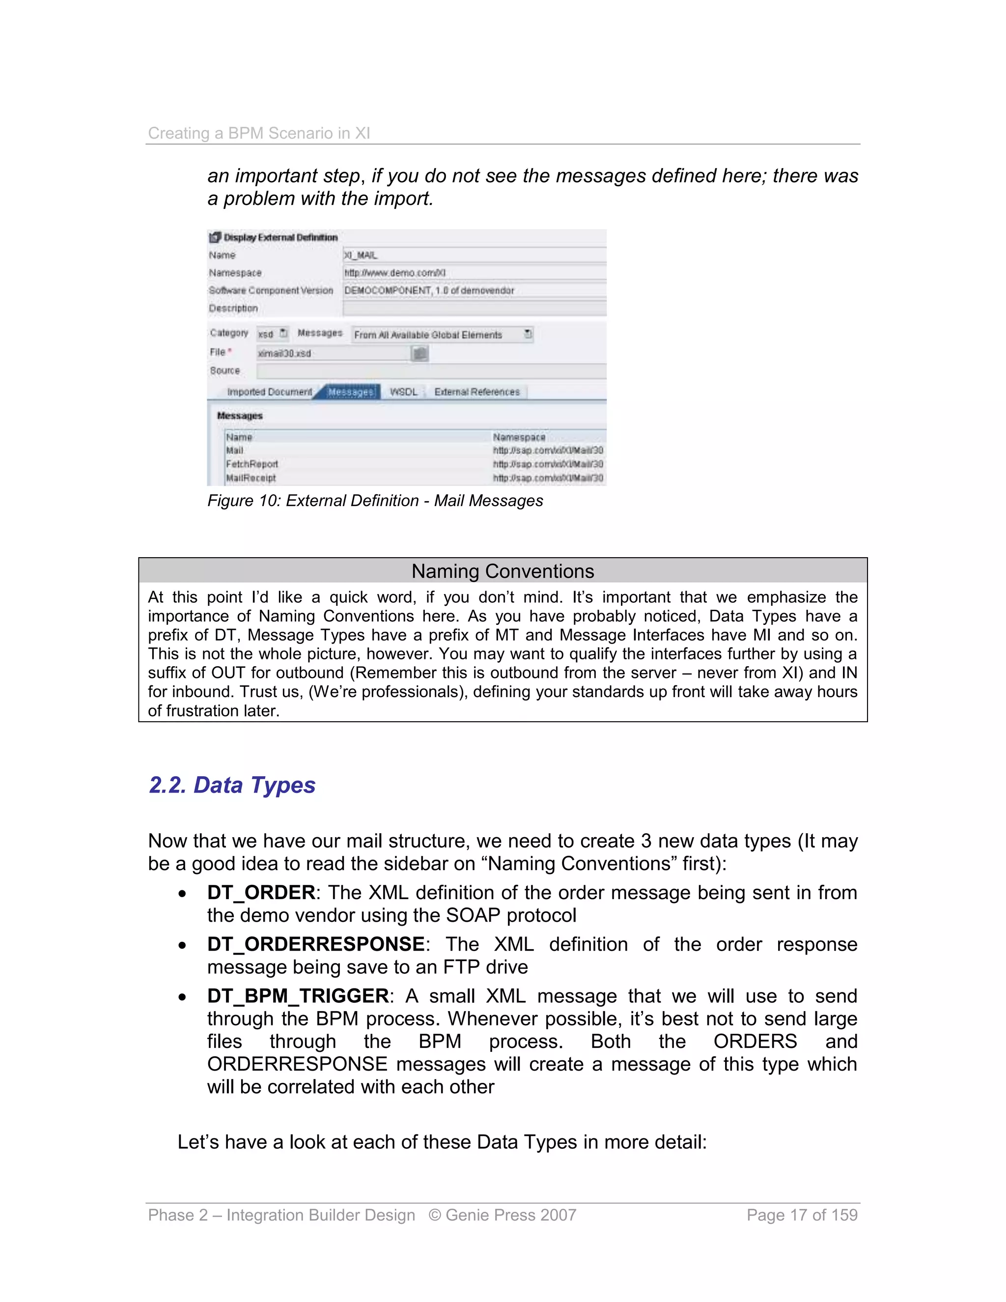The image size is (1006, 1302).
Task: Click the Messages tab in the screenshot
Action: [350, 392]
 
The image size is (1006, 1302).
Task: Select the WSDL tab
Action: [403, 392]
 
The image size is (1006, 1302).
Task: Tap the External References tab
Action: [477, 392]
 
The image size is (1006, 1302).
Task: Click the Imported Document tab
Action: [269, 392]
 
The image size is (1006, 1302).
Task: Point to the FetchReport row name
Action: [251, 464]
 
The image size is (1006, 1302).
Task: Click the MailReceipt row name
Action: [251, 478]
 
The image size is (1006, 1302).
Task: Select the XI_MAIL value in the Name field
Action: [361, 255]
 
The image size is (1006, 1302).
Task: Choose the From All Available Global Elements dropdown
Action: [441, 335]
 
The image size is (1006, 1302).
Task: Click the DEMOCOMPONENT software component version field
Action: [429, 290]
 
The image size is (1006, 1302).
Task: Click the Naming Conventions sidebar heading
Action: [503, 571]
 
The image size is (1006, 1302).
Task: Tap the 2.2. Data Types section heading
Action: [232, 785]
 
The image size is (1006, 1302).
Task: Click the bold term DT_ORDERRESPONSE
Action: [316, 944]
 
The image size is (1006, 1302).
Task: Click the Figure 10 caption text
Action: [375, 500]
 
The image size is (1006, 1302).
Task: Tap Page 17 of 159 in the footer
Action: [802, 1215]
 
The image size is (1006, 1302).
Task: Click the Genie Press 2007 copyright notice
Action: [502, 1215]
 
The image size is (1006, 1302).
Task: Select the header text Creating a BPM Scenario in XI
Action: [259, 133]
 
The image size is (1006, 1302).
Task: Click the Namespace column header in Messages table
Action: [519, 437]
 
